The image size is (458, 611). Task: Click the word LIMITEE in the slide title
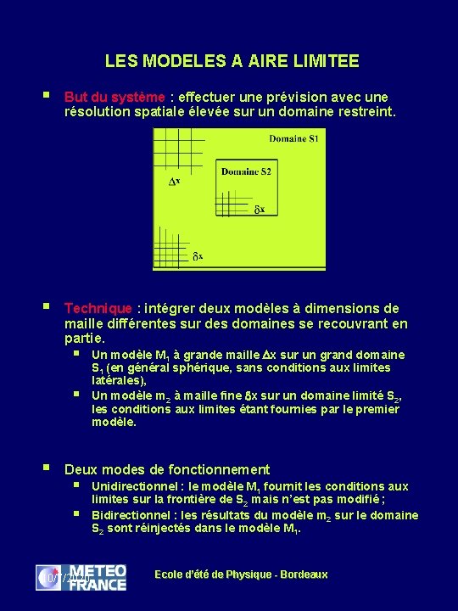pyautogui.click(x=327, y=61)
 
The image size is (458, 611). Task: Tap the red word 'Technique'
pyautogui.click(x=98, y=308)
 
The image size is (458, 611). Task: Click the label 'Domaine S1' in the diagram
pyautogui.click(x=293, y=139)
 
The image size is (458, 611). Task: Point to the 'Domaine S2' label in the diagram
pyautogui.click(x=246, y=171)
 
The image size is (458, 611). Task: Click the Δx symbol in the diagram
pyautogui.click(x=174, y=182)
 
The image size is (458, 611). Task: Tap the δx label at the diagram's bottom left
pyautogui.click(x=196, y=255)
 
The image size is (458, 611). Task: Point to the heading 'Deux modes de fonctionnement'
pyautogui.click(x=167, y=469)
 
